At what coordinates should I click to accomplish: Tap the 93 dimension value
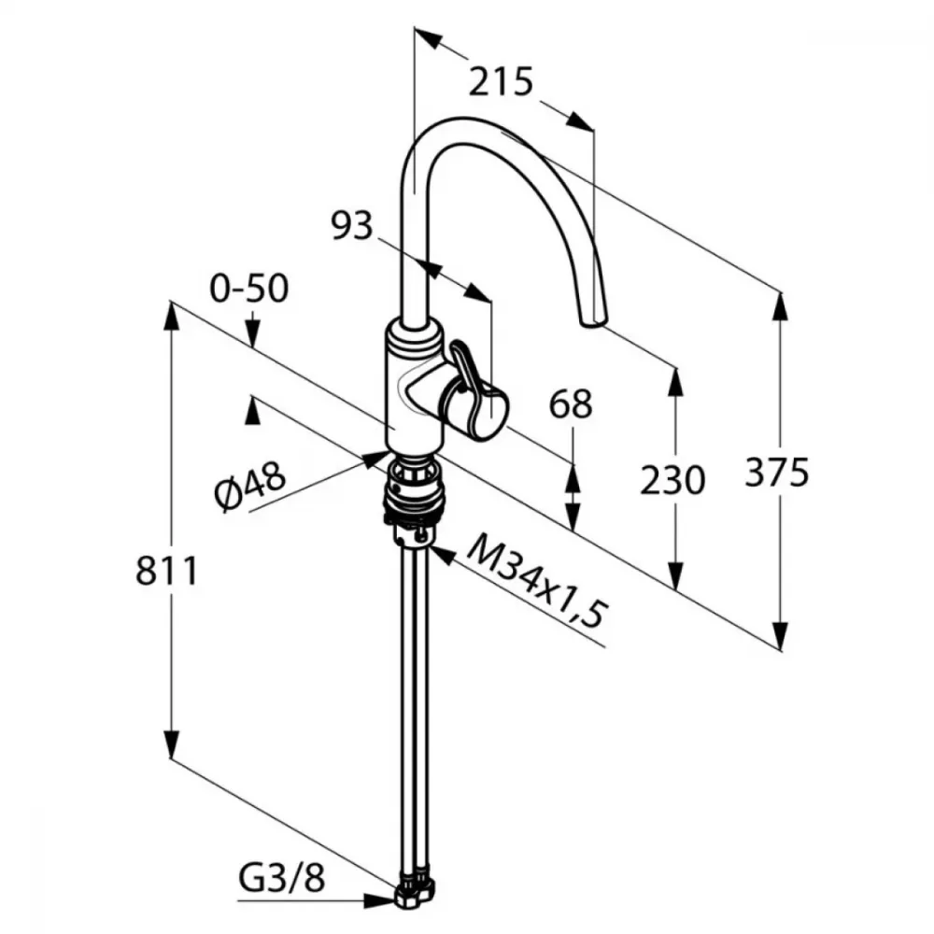point(352,226)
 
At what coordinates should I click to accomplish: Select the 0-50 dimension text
point(249,289)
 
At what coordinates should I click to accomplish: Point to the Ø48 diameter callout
point(250,488)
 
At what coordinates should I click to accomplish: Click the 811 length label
point(166,571)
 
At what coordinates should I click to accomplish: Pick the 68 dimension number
point(571,403)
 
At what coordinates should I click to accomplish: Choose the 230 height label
point(672,480)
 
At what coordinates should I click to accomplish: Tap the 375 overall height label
point(777,472)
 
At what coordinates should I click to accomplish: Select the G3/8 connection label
point(282,878)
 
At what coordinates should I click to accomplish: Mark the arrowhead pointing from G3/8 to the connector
point(380,901)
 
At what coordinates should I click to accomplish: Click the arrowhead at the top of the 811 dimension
point(172,317)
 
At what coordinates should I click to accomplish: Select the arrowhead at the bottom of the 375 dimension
point(780,635)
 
